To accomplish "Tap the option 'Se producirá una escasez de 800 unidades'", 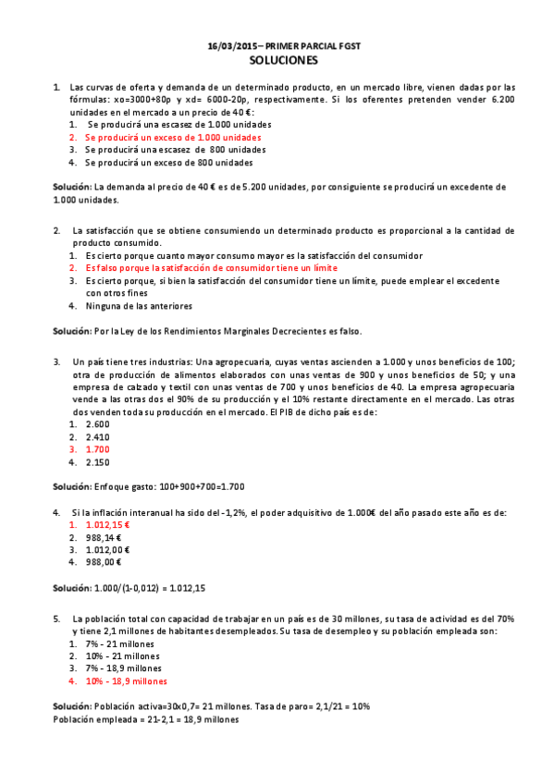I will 169,149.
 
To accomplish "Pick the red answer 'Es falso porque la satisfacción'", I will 199,266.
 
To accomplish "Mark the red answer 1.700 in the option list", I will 97,449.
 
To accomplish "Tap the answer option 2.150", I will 97,461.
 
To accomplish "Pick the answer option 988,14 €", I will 104,536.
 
